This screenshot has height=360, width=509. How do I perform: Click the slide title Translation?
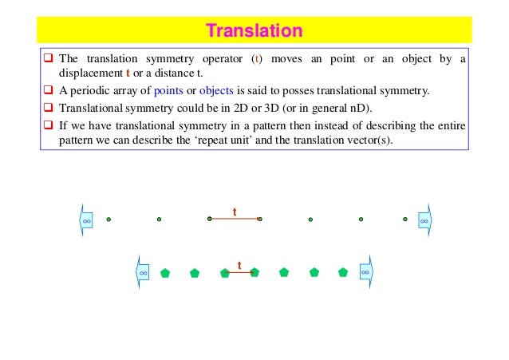tap(254, 31)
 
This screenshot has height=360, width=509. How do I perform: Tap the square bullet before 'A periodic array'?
tap(49, 90)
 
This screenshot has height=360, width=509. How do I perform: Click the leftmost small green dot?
tap(109, 219)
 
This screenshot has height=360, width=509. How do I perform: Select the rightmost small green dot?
tap(405, 219)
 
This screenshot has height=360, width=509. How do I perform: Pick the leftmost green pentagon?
tap(165, 272)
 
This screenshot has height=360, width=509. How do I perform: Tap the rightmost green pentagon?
tap(343, 272)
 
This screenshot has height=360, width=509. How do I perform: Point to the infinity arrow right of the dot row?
tap(425, 219)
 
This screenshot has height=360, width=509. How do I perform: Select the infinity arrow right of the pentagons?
tap(365, 272)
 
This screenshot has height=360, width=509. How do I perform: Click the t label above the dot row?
tap(235, 212)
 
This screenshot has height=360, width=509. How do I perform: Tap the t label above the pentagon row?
tap(239, 264)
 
